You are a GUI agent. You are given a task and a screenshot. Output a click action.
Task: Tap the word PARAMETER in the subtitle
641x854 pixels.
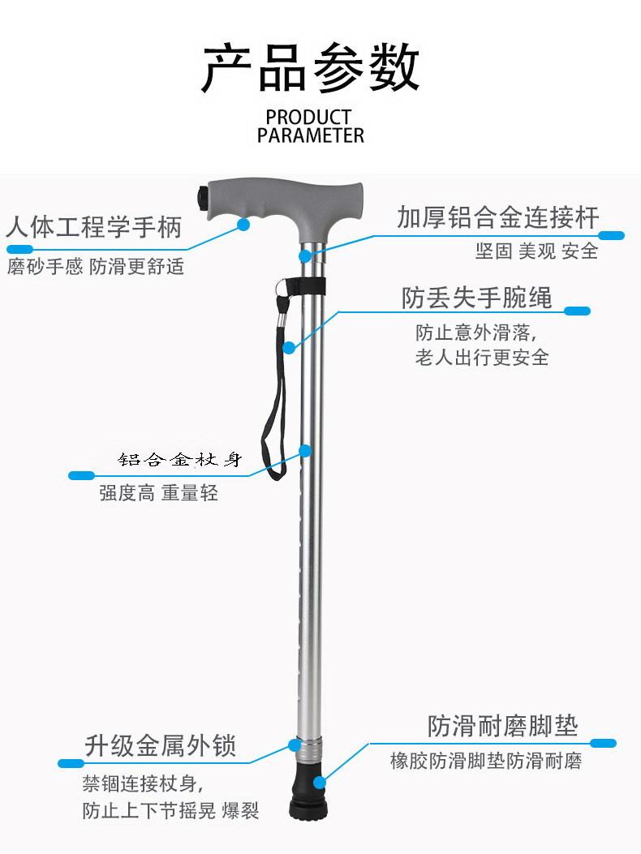point(311,135)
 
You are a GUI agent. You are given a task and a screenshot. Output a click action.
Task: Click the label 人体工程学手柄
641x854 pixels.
point(94,227)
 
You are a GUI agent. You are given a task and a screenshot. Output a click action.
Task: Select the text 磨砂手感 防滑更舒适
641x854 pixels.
point(96,266)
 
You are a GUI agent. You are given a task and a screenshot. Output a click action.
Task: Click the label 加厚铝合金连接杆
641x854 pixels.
point(497,217)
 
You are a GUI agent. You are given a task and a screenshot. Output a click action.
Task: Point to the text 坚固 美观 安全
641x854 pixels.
point(536,251)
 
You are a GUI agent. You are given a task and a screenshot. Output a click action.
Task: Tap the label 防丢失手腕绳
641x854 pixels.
point(476,298)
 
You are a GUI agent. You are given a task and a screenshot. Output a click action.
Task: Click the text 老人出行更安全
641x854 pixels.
point(482,357)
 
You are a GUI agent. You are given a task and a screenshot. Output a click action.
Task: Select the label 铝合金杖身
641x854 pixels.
point(180,460)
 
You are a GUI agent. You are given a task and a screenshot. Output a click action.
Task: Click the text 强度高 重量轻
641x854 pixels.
point(159,492)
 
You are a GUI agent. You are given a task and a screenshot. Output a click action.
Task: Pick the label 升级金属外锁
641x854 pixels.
point(161,745)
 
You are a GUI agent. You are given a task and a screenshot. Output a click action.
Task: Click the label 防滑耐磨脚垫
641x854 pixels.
point(503,726)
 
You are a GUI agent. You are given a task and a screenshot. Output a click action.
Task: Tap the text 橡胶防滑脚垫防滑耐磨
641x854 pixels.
point(486,762)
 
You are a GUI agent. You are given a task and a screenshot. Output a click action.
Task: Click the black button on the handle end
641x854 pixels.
point(203,196)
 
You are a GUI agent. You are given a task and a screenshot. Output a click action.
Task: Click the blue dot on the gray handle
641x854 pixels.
point(243,225)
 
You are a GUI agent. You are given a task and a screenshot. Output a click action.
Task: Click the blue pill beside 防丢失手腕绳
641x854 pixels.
point(577,311)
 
